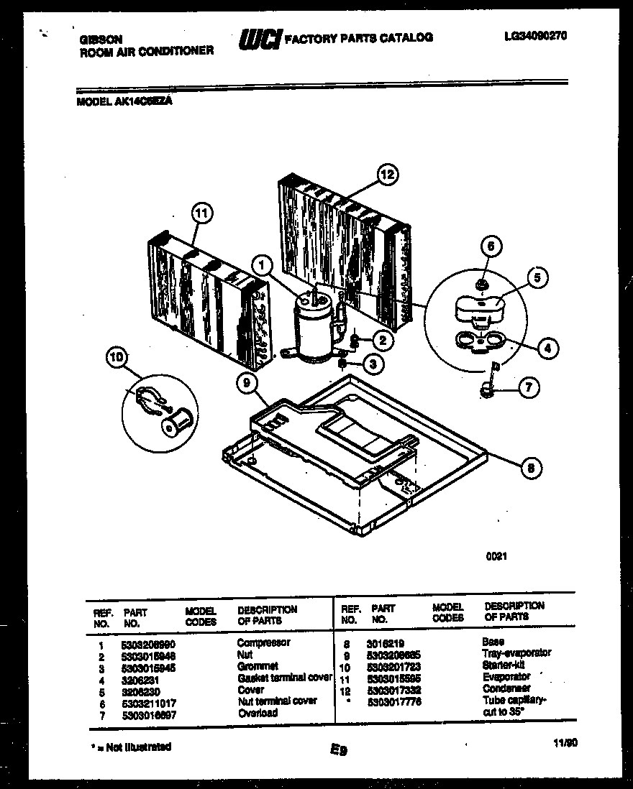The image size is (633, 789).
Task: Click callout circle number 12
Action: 388,175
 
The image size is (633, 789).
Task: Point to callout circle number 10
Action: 116,356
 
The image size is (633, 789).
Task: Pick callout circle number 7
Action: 528,388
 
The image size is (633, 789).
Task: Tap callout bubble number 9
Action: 248,384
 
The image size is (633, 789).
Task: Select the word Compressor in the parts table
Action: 263,642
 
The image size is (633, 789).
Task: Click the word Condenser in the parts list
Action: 506,688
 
